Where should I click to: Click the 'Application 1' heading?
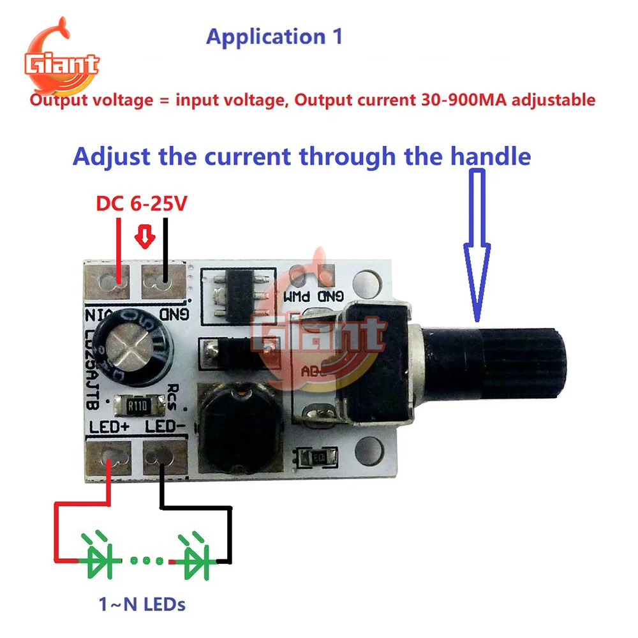[274, 36]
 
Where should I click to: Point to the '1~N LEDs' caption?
[142, 604]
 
